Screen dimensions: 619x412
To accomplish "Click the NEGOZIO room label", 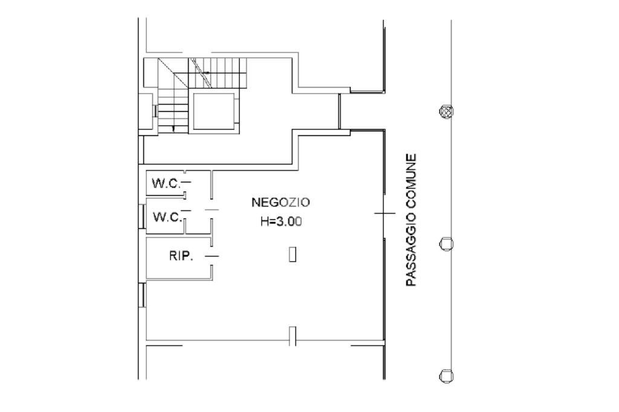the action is [280, 202].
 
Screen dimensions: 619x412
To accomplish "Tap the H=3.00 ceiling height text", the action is [281, 221].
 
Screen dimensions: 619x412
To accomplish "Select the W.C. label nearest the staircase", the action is [166, 184].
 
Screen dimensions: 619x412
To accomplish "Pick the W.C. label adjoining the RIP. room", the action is [167, 217].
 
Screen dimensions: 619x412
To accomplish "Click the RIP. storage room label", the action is [181, 256].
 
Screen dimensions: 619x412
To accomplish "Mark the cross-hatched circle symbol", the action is [447, 111].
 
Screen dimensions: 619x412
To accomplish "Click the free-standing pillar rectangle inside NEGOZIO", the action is [293, 254].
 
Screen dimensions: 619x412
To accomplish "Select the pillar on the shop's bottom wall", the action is [293, 336].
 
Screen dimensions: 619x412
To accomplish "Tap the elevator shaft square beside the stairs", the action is [213, 112].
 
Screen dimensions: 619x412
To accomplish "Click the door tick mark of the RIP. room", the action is [212, 256].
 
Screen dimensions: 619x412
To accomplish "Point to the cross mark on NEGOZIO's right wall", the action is [384, 213].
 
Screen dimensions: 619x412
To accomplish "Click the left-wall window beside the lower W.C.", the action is [142, 216].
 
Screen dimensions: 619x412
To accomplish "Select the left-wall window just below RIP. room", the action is [142, 295].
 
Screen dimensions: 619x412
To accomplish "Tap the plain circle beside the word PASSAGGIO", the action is [447, 244].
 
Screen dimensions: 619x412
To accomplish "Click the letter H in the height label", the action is [264, 221].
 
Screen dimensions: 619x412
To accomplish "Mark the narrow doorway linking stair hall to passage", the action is [340, 111].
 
